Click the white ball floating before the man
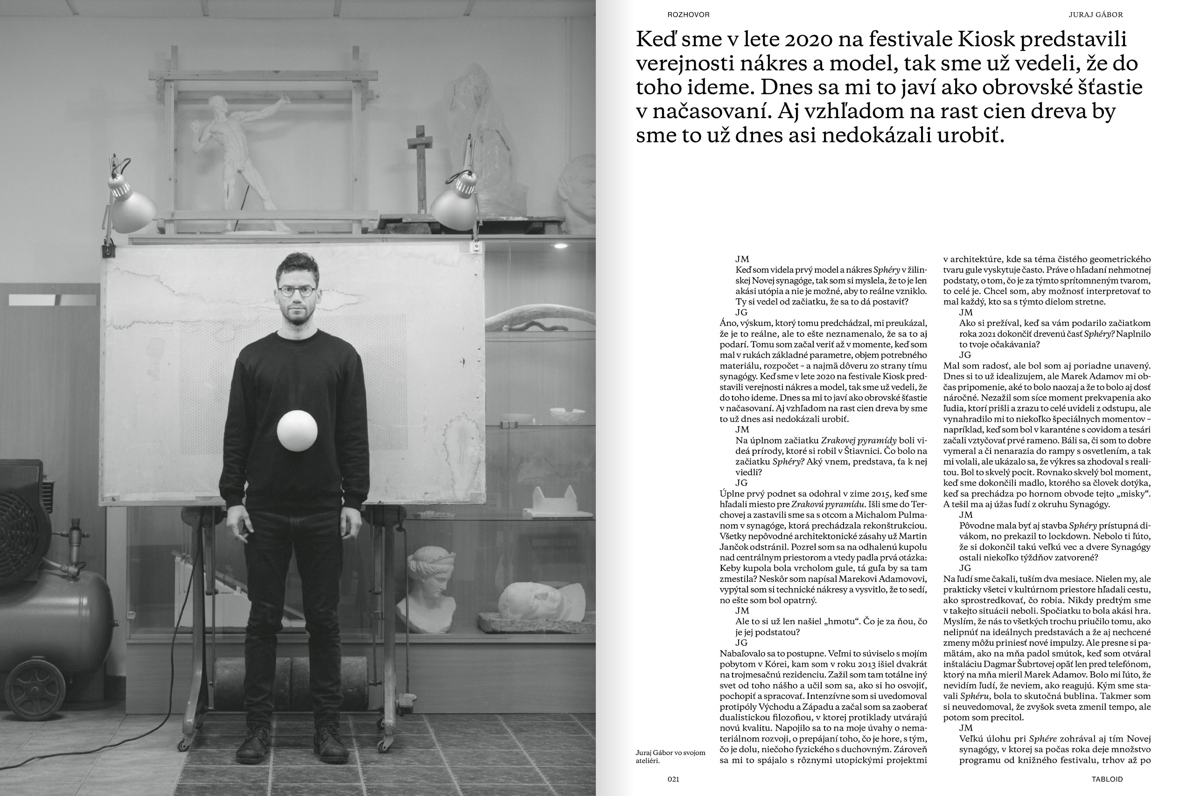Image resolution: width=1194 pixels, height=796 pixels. coord(297,430)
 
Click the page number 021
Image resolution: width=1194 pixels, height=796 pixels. coord(673,779)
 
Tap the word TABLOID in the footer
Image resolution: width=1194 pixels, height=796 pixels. coord(1107,779)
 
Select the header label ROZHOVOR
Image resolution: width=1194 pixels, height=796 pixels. coord(688,15)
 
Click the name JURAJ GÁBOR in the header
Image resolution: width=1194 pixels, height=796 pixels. coord(1096,15)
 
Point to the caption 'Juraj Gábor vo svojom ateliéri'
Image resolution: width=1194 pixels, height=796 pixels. coord(670,756)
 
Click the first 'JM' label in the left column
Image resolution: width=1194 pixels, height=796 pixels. coord(742,259)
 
